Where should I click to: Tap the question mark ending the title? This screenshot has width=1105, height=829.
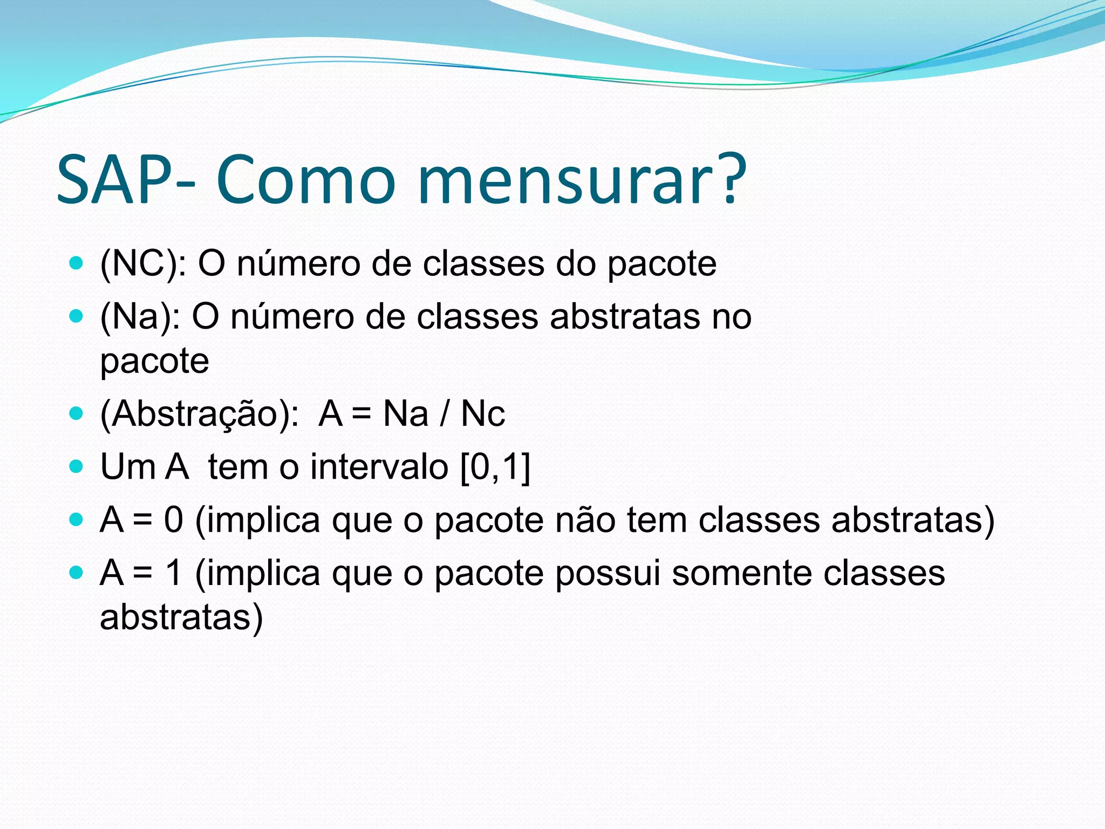tap(732, 178)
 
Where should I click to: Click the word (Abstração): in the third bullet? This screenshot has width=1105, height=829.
tap(199, 414)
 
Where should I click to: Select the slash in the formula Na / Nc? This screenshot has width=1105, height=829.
tap(445, 414)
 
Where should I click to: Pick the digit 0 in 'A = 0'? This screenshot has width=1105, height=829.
tap(174, 520)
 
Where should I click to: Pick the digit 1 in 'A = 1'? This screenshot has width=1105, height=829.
tap(174, 573)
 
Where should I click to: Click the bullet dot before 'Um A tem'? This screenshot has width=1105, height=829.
tap(77, 466)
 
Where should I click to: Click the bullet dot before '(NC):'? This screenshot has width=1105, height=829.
tap(77, 263)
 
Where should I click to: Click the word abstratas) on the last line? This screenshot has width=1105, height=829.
tap(181, 617)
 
